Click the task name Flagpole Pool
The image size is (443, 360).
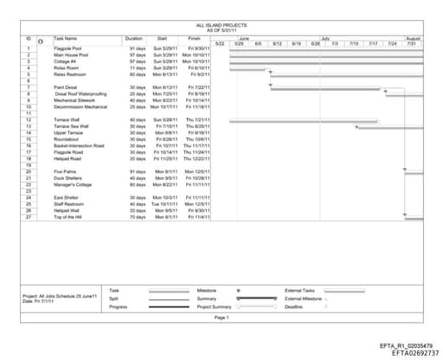pyautogui.click(x=69, y=48)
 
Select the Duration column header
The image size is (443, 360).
pyautogui.click(x=133, y=38)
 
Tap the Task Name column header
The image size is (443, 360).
pyautogui.click(x=66, y=38)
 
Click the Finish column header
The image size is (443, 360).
pyautogui.click(x=194, y=38)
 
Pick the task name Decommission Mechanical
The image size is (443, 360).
pyautogui.click(x=80, y=106)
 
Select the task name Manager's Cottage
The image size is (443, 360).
pyautogui.click(x=74, y=184)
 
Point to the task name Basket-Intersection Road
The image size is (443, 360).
pyautogui.click(x=79, y=146)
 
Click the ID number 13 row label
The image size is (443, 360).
pyautogui.click(x=29, y=126)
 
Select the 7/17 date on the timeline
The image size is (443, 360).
pyautogui.click(x=373, y=43)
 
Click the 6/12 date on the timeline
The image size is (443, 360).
pyautogui.click(x=278, y=43)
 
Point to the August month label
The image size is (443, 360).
pyautogui.click(x=413, y=38)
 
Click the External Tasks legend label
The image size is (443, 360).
pyautogui.click(x=299, y=290)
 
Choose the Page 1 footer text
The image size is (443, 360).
pyautogui.click(x=221, y=318)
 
